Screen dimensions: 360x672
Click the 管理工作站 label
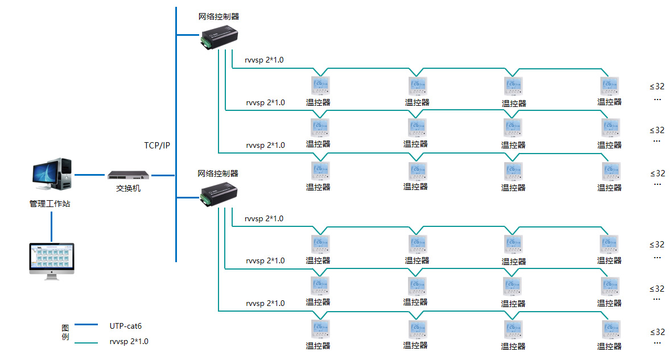(50, 203)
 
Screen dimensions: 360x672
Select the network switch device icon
(129, 175)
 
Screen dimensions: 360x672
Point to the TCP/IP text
(157, 146)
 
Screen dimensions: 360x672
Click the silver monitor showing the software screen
(52, 259)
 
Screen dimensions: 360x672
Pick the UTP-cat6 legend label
(125, 326)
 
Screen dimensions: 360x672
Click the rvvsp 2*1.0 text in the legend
(129, 342)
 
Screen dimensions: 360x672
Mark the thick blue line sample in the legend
(86, 325)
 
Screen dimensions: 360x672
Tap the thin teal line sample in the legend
(86, 342)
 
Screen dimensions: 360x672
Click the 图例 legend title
(65, 333)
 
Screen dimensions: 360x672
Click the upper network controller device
(219, 38)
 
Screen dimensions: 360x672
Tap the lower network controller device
(219, 195)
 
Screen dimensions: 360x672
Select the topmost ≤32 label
(657, 87)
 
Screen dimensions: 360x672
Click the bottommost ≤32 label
(657, 332)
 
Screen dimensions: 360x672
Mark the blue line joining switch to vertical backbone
(163, 175)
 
